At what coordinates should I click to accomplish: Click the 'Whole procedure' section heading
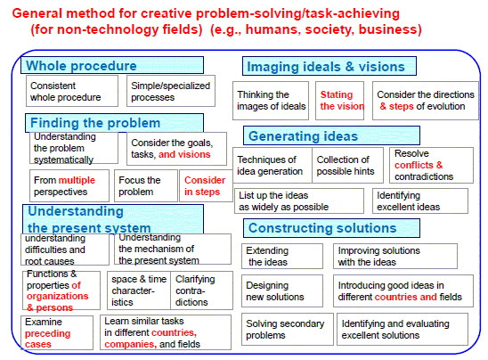pos(112,65)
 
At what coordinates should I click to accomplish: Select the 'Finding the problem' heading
pos(114,123)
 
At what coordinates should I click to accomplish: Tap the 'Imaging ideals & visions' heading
pos(329,66)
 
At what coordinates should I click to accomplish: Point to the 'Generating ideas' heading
pos(331,135)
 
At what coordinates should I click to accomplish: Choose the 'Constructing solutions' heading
pos(331,228)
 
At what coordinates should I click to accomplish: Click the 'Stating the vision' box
pos(339,101)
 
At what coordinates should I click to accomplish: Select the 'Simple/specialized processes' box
pos(171,91)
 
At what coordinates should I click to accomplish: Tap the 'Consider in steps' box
pos(206,186)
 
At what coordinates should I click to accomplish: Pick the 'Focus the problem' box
pos(146,186)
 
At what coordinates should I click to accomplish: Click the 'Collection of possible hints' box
pos(347,166)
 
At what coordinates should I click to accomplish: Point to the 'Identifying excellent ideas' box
pos(420,201)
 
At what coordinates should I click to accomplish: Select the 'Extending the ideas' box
pos(282,257)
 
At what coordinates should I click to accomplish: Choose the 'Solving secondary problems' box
pos(288,330)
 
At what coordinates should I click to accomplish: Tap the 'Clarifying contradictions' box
pos(201,290)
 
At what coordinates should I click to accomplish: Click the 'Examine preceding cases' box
pos(57,333)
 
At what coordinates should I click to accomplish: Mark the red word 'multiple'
pos(77,180)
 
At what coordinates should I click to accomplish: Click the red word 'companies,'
pos(130,344)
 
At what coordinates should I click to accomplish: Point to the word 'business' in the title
pos(390,29)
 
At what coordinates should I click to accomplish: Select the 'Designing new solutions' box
pos(282,291)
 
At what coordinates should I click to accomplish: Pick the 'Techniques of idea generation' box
pos(272,166)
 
